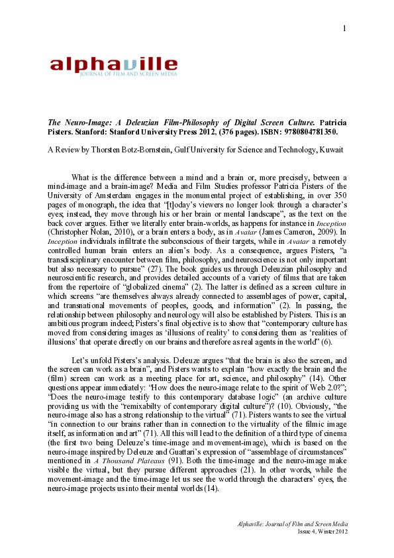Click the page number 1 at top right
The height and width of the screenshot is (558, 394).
point(345,28)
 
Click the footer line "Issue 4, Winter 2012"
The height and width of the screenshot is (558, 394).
point(320,531)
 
